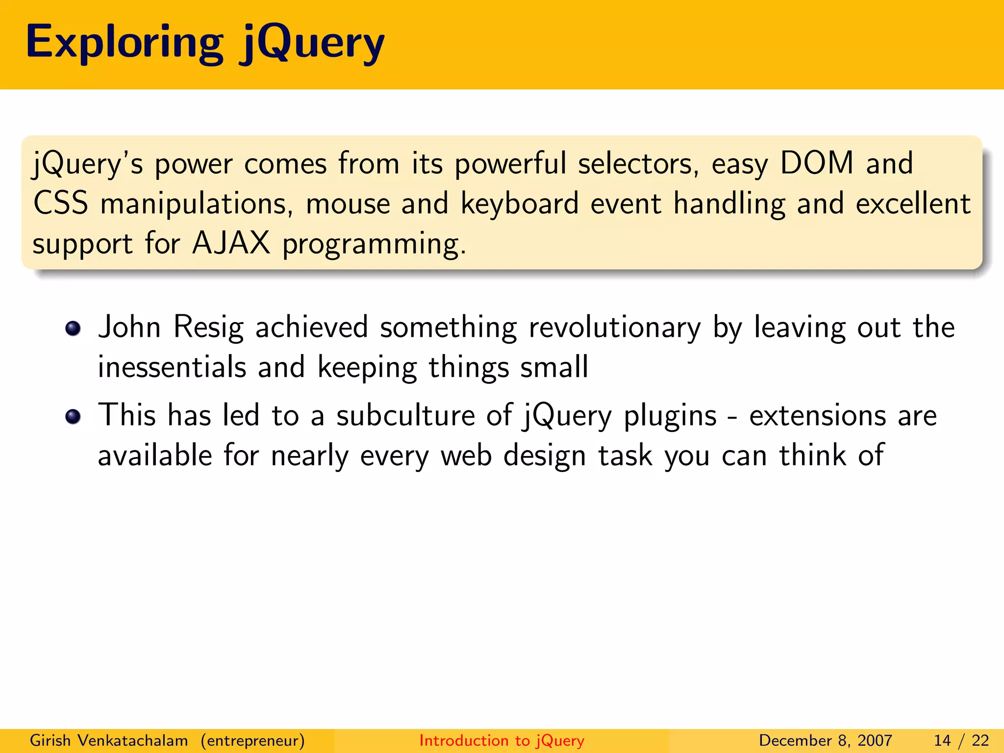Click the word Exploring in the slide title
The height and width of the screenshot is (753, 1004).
pyautogui.click(x=125, y=43)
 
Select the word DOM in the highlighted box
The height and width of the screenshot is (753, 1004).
pyautogui.click(x=817, y=163)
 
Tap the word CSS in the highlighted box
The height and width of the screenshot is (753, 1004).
pyautogui.click(x=61, y=203)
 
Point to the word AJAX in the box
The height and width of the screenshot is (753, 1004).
pyautogui.click(x=231, y=243)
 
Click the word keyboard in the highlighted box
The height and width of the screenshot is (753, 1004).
pyautogui.click(x=520, y=203)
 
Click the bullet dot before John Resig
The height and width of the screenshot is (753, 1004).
pyautogui.click(x=73, y=328)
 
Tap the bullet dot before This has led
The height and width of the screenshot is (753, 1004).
pyautogui.click(x=73, y=417)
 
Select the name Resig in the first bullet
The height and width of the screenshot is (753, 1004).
pyautogui.click(x=208, y=327)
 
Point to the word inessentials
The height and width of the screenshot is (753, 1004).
pyautogui.click(x=172, y=367)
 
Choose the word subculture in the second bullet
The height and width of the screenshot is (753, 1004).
pyautogui.click(x=405, y=416)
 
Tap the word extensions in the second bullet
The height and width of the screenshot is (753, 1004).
pyautogui.click(x=817, y=416)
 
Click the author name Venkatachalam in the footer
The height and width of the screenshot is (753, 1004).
pyautogui.click(x=133, y=740)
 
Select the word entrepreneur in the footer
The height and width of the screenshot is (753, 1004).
pyautogui.click(x=252, y=741)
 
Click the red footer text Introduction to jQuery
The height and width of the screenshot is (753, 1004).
pyautogui.click(x=502, y=741)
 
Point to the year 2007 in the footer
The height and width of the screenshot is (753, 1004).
pyautogui.click(x=875, y=741)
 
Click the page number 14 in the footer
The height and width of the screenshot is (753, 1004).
pyautogui.click(x=942, y=741)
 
